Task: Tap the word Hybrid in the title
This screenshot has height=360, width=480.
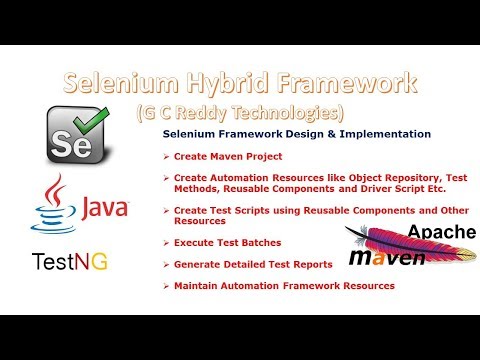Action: click(228, 83)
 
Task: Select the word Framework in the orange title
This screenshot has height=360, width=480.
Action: click(340, 83)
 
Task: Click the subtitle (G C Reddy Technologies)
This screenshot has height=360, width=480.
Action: click(240, 111)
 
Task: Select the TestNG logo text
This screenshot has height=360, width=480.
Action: click(70, 262)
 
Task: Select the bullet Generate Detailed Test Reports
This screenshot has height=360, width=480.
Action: click(250, 266)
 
